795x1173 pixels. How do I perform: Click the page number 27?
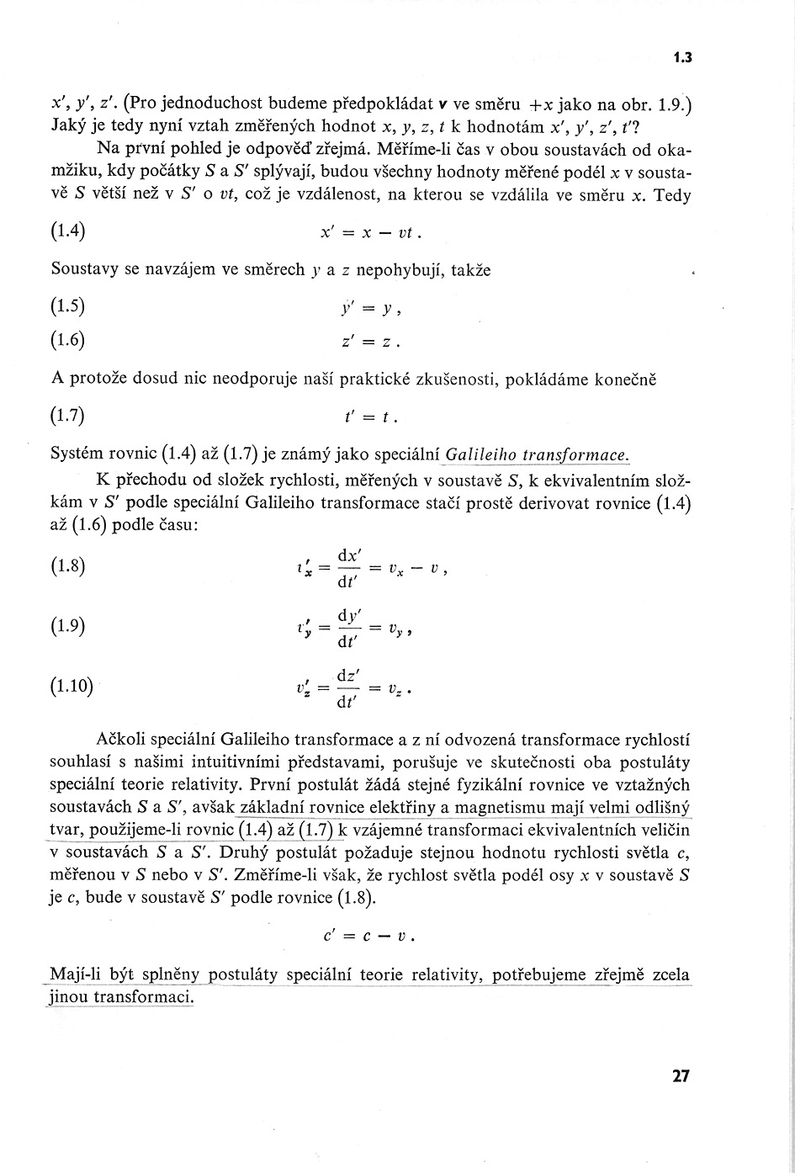click(681, 1075)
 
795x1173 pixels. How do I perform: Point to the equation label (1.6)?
click(68, 341)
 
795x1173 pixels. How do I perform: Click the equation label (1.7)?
click(68, 416)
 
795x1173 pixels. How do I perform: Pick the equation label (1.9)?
click(68, 626)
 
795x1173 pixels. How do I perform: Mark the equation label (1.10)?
click(72, 686)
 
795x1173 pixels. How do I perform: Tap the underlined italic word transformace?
click(575, 455)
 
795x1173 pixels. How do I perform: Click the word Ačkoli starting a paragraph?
click(125, 740)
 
